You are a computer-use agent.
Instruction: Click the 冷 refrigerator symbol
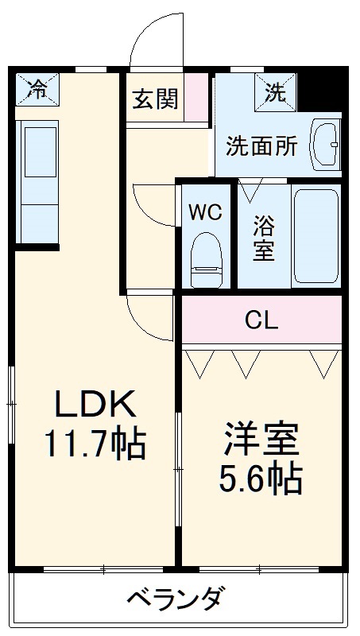pyautogui.click(x=37, y=89)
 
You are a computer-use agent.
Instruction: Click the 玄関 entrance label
pyautogui.click(x=155, y=100)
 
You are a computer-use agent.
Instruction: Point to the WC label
pyautogui.click(x=205, y=212)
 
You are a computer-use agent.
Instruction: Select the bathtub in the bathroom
pyautogui.click(x=315, y=235)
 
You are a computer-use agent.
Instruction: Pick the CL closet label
pyautogui.click(x=261, y=320)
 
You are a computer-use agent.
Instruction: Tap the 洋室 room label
pyautogui.click(x=261, y=440)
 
